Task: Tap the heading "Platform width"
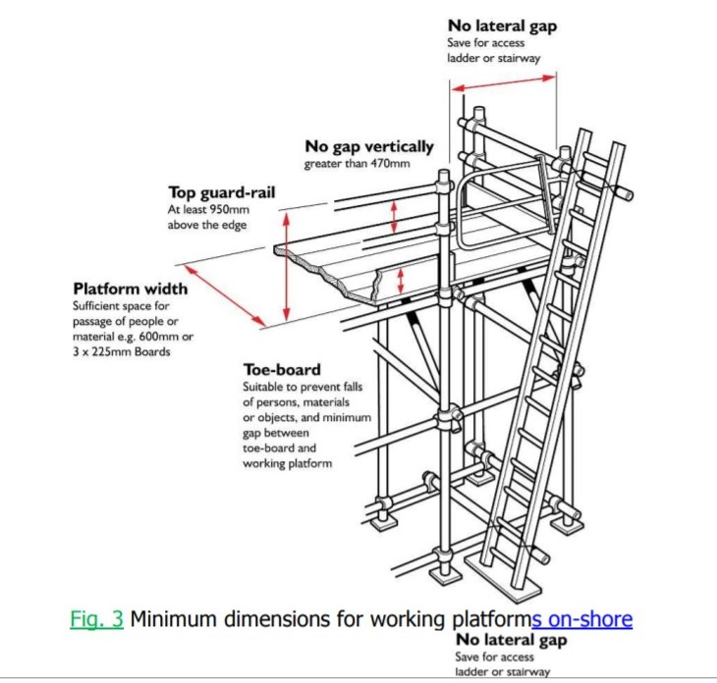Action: tap(130, 289)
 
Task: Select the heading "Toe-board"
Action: tap(282, 370)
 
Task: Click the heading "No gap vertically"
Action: tap(368, 147)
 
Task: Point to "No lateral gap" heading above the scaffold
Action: tap(502, 26)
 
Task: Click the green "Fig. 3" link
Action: tap(96, 619)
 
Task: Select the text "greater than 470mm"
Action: tap(357, 164)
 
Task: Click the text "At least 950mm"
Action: tap(205, 210)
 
